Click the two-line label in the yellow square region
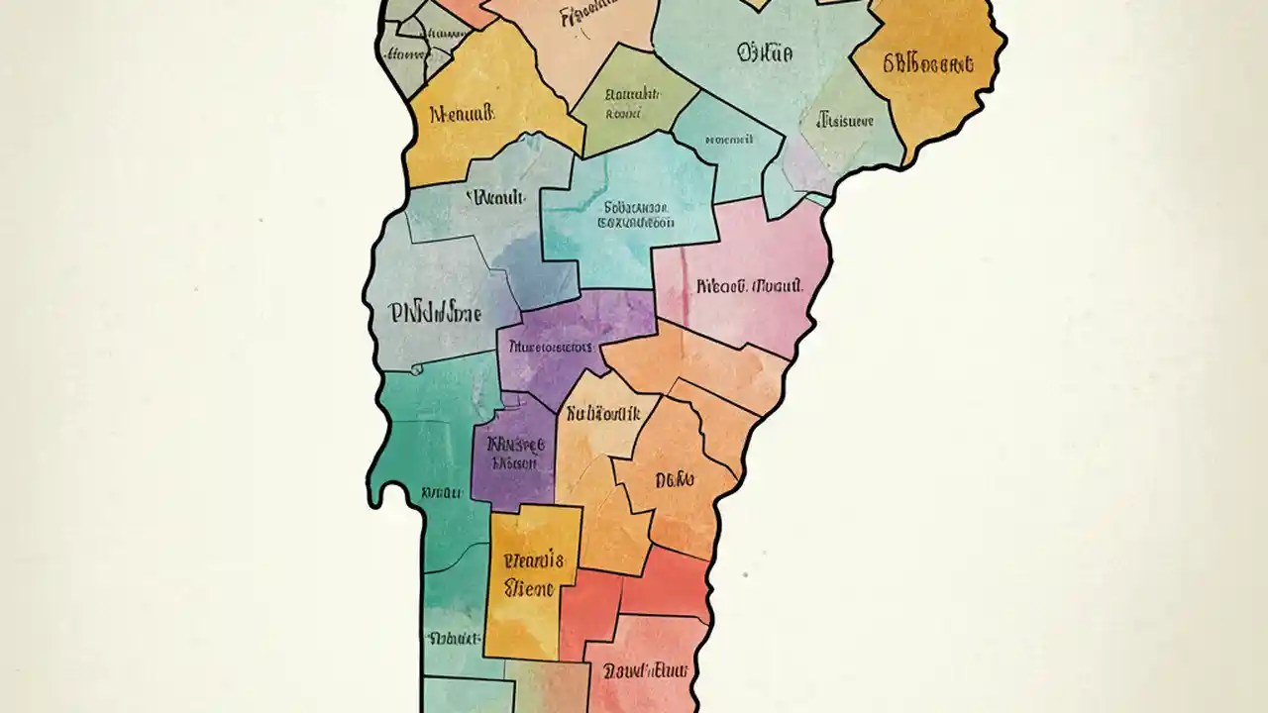tap(533, 574)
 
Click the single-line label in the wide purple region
tap(551, 348)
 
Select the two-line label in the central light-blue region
tap(636, 216)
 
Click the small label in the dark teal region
tap(442, 492)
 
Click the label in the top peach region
tap(595, 15)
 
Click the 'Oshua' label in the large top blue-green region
tap(764, 53)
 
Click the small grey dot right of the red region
tap(745, 573)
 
